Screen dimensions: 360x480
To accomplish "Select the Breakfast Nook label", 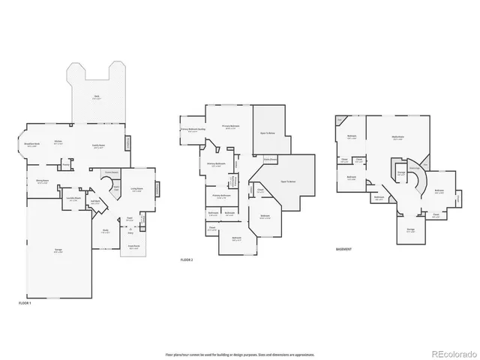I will point(32,145).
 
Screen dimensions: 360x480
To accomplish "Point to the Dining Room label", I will point(32,180).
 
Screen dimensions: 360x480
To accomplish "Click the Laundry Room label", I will point(73,198).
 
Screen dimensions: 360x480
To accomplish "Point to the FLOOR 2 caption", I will point(187,259).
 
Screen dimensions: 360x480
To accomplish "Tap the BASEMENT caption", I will point(344,248).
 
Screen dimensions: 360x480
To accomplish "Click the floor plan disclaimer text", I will point(239,353).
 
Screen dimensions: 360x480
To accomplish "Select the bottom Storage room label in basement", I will point(410,229).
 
